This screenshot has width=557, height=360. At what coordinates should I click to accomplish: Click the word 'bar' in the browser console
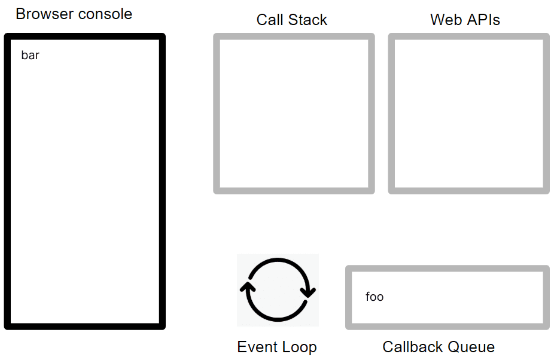[30, 56]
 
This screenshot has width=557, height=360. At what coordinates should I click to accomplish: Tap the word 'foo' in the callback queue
[375, 297]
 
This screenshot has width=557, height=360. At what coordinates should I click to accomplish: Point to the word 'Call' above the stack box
[270, 20]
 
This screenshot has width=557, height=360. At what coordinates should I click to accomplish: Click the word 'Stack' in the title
[308, 20]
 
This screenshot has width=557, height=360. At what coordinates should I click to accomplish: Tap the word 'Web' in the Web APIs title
[446, 20]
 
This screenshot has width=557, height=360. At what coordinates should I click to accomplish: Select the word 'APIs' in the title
[483, 20]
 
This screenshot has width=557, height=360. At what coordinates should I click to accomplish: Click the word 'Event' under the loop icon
[255, 347]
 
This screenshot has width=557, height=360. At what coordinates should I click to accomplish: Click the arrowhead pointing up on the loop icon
[248, 287]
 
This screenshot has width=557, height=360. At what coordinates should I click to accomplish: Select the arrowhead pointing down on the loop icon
[308, 292]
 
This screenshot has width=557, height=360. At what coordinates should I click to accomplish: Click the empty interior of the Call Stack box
[294, 114]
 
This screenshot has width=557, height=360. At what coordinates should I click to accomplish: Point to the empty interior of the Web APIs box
[468, 114]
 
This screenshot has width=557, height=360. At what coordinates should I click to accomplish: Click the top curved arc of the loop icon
[278, 260]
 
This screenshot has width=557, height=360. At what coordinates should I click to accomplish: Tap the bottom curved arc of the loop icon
[278, 319]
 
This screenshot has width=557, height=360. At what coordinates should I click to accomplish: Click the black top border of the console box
[84, 36]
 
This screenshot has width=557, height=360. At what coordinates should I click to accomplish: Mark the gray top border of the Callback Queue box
[448, 269]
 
